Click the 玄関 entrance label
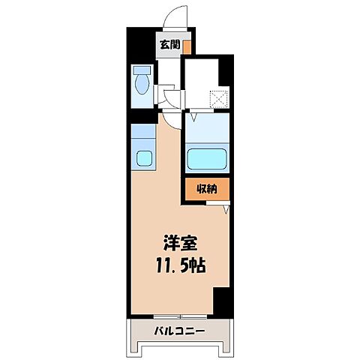(x=169, y=45)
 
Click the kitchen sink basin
(x=143, y=158)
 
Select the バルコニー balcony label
(x=179, y=331)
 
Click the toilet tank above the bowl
(x=141, y=71)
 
